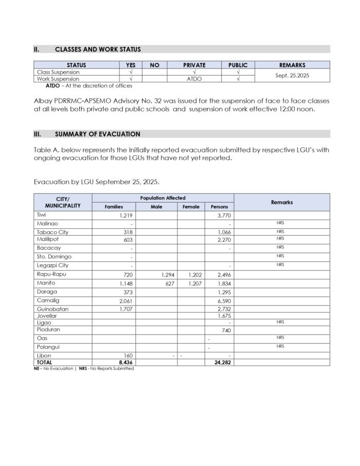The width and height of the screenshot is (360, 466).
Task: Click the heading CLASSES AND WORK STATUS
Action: click(98, 49)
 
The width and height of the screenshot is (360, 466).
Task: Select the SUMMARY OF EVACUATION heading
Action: click(97, 134)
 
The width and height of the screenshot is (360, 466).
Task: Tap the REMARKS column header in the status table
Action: click(292, 65)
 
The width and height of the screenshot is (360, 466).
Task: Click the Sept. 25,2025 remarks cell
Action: click(292, 75)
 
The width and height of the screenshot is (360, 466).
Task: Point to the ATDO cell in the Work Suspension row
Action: click(194, 79)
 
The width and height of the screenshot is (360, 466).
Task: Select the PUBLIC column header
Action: click(238, 65)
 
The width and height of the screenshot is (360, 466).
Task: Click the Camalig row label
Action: click(48, 300)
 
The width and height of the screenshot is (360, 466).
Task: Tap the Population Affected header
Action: click(163, 198)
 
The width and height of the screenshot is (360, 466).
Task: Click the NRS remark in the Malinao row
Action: click(280, 224)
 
